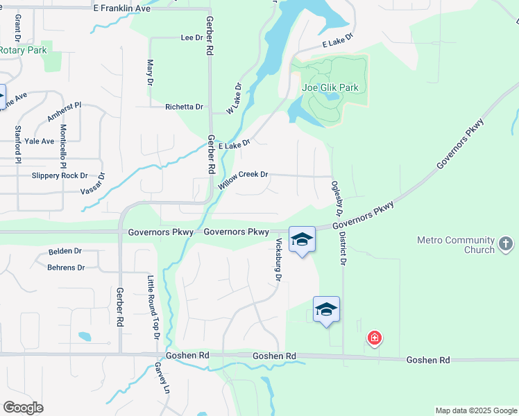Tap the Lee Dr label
191,37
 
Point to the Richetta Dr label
184,107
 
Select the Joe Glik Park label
330,88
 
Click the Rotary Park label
22,50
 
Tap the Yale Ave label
39,141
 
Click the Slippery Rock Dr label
60,176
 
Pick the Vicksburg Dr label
278,259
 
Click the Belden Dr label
65,251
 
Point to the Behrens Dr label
66,267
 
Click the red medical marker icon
375,338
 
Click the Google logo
23,408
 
